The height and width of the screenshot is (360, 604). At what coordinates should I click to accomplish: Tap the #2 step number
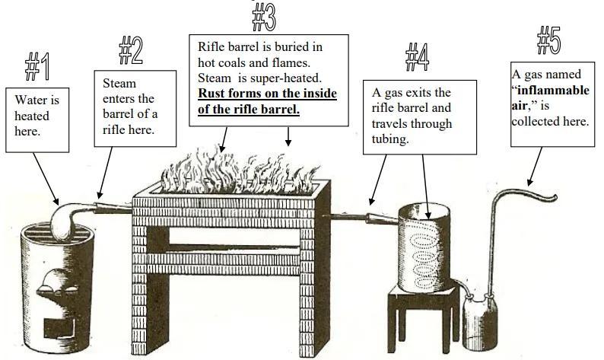pos(132,49)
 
